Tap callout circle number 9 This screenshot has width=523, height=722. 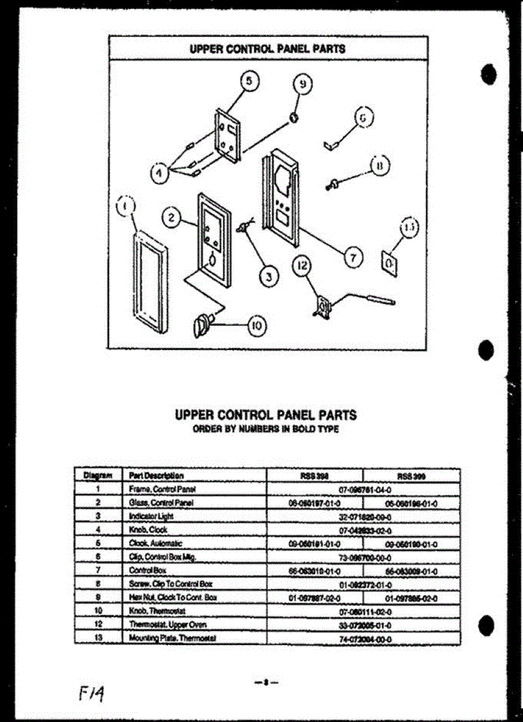305,85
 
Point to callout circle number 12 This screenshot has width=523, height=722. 302,265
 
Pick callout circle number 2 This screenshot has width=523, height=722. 172,218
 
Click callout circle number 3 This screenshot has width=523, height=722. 269,277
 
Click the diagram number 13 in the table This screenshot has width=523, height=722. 98,637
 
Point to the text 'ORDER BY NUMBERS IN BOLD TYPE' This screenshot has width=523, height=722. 265,429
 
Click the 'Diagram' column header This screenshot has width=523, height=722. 96,475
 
